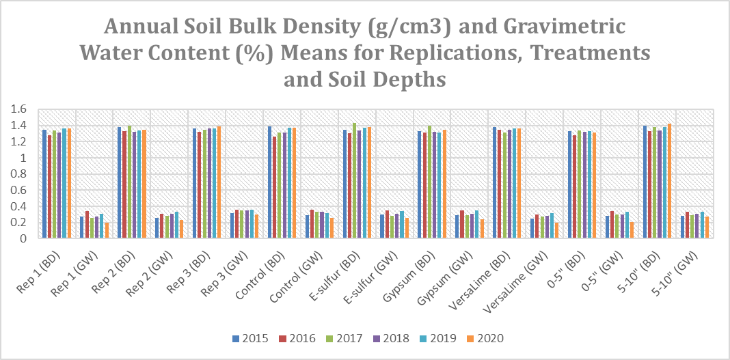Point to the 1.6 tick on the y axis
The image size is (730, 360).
click(x=18, y=109)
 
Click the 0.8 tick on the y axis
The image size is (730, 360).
click(x=18, y=174)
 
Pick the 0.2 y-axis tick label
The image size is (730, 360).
click(x=18, y=223)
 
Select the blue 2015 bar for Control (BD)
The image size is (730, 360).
click(x=270, y=182)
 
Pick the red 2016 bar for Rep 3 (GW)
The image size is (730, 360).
click(x=237, y=224)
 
